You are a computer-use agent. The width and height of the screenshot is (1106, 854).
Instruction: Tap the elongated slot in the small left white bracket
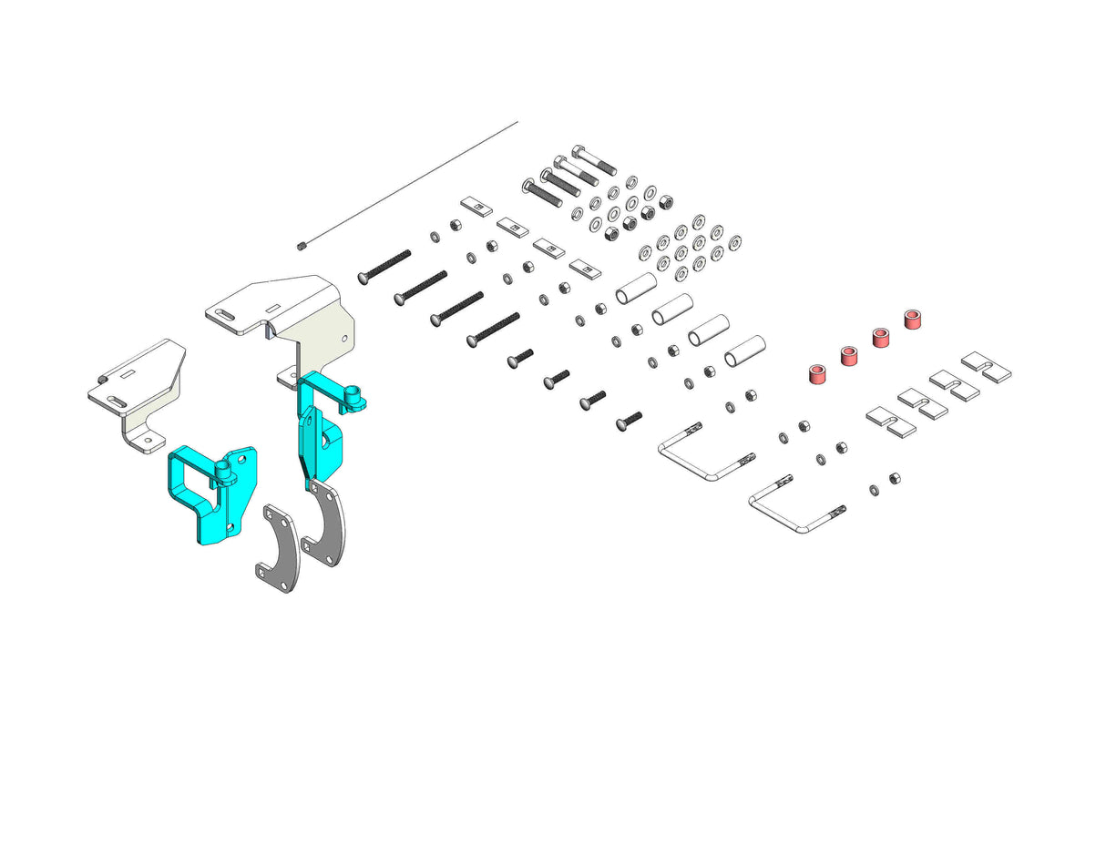point(116,400)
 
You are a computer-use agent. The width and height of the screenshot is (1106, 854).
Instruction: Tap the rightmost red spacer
point(912,320)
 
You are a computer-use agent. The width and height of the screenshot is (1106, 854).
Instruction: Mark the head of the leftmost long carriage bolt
point(363,278)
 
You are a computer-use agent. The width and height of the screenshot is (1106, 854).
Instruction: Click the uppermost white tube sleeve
point(637,288)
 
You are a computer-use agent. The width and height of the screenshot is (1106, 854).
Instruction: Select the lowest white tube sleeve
point(744,351)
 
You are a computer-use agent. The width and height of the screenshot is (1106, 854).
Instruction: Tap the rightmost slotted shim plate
point(987,367)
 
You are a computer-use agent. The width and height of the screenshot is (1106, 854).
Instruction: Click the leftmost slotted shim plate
point(889,422)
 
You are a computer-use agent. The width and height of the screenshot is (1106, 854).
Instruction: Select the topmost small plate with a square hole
point(476,206)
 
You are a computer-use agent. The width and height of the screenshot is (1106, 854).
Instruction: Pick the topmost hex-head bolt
point(594,160)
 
